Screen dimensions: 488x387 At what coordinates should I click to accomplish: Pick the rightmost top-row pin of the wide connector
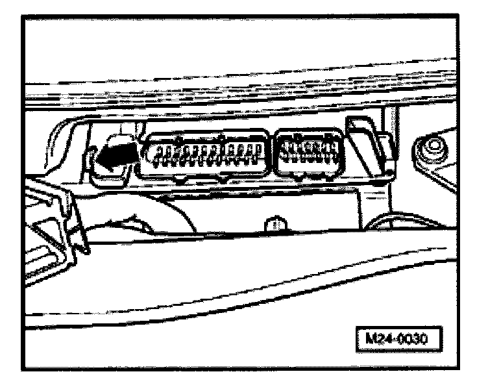point(258,151)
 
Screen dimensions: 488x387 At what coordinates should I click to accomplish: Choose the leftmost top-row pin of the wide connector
point(154,151)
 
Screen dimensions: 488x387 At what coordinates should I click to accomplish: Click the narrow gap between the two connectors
point(272,157)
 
